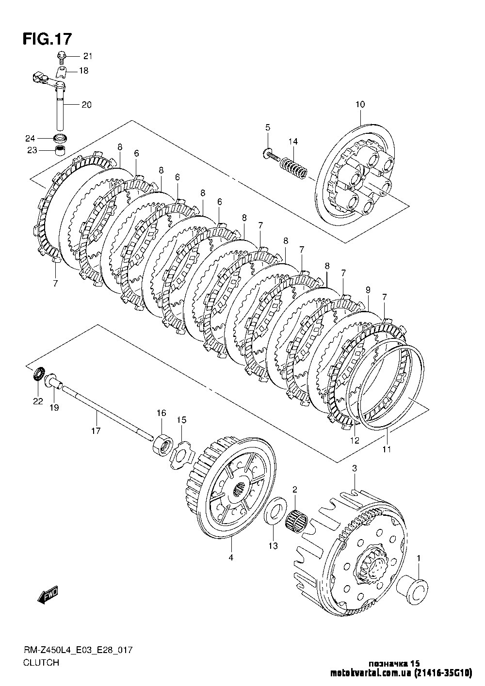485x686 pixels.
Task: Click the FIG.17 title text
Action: click(48, 39)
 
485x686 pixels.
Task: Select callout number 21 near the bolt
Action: click(87, 56)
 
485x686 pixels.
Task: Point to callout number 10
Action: click(360, 104)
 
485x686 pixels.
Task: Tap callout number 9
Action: click(368, 289)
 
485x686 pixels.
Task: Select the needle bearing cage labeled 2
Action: click(296, 520)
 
